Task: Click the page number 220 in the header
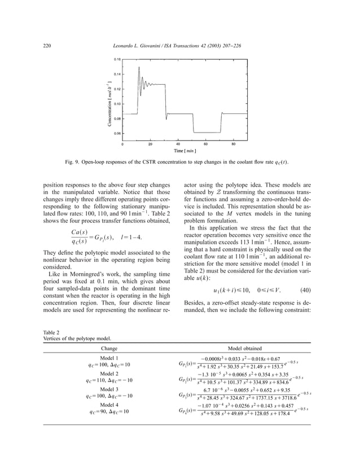[47, 45]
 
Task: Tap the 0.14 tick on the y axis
[117, 74]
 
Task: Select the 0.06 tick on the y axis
[117, 134]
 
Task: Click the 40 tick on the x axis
[178, 144]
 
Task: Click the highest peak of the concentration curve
[139, 67]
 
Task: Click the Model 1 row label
[109, 358]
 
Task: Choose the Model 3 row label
[109, 389]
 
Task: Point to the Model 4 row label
[109, 404]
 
